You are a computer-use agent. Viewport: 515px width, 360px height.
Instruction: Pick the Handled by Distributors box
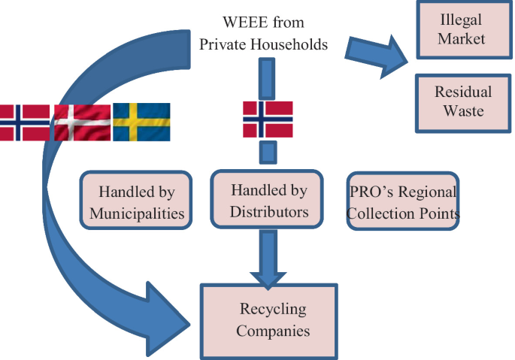268,201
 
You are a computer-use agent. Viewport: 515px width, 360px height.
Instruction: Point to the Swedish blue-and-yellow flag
141,122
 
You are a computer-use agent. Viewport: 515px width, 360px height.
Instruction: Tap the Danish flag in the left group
82,122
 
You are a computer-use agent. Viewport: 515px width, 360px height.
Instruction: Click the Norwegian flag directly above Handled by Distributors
268,117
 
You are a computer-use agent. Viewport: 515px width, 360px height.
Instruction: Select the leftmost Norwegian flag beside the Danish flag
25,122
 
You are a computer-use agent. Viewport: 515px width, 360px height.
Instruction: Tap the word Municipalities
136,213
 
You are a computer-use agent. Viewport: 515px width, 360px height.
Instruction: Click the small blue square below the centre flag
268,153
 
